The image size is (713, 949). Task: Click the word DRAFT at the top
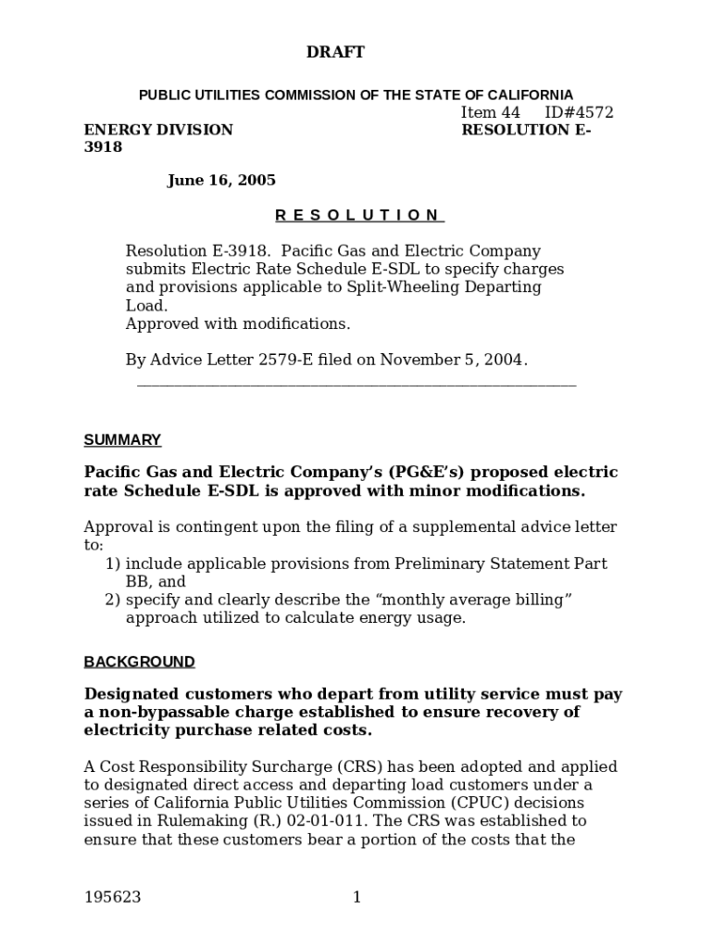pos(335,53)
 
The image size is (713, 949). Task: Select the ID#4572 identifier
pos(579,113)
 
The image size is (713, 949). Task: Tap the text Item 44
pos(491,113)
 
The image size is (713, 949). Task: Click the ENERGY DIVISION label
pos(158,130)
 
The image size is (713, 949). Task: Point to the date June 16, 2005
pos(221,181)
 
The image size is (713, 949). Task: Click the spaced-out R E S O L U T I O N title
pos(359,215)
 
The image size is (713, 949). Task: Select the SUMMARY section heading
pos(122,439)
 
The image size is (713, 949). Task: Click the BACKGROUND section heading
pos(139,662)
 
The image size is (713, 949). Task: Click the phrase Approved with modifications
pos(238,323)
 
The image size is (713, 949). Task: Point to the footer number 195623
pos(112,897)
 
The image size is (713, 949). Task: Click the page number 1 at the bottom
pos(356,897)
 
